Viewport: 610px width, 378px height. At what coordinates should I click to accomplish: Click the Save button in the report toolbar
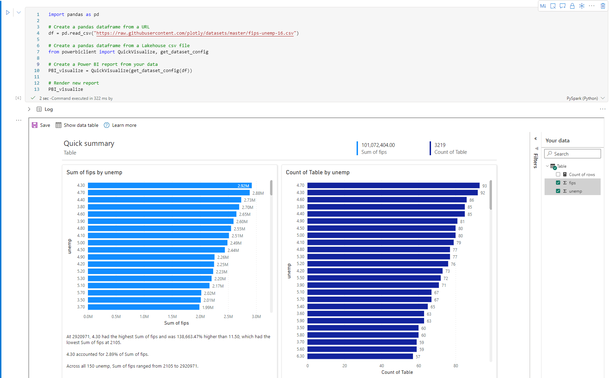[x=41, y=125]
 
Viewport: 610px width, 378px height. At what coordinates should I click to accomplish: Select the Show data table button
[x=77, y=125]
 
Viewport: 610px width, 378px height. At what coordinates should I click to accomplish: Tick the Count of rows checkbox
[x=558, y=174]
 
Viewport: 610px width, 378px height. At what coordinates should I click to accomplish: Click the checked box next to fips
[x=558, y=183]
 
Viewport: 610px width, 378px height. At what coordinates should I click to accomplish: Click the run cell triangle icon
[x=8, y=12]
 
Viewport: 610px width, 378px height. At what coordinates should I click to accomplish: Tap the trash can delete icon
[x=603, y=6]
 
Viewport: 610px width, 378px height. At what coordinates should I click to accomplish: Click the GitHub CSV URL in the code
[x=195, y=33]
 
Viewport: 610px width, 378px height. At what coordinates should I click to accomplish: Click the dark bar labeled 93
[x=393, y=185]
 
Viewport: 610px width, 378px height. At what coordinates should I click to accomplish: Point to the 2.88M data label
[x=258, y=193]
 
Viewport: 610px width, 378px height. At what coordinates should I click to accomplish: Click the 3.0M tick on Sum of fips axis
[x=256, y=317]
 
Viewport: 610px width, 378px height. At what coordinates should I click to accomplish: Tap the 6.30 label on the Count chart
[x=300, y=356]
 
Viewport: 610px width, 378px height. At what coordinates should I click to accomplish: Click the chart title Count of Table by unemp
[x=317, y=172]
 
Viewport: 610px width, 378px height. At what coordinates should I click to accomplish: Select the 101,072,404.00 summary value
[x=378, y=145]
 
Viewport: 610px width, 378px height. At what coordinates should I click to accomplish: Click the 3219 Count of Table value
[x=440, y=145]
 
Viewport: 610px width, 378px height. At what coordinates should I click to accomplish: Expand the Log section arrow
[x=29, y=109]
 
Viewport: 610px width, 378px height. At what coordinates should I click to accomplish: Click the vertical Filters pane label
[x=536, y=161]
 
